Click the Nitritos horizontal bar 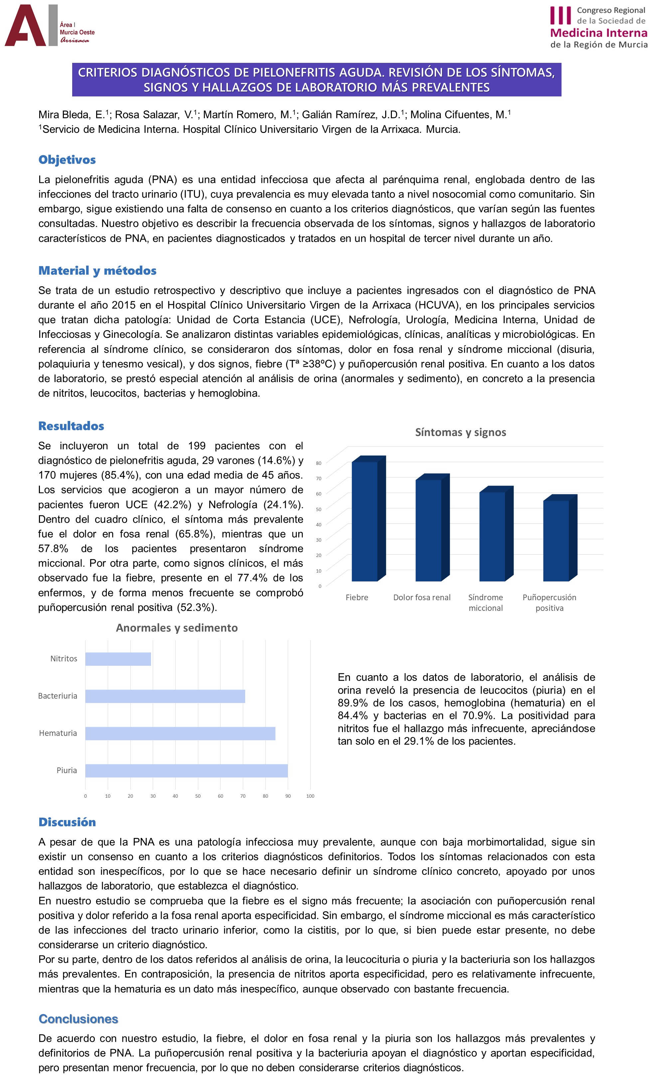(x=118, y=659)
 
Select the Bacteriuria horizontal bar (x=165, y=696)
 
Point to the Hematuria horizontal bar (x=180, y=734)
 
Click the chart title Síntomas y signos (x=460, y=433)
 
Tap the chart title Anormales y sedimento (x=177, y=628)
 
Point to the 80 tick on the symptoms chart (x=319, y=463)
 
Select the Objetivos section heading (x=67, y=160)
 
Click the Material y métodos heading (x=97, y=271)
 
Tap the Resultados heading (x=71, y=426)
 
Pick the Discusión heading (x=67, y=822)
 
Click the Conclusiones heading (x=79, y=1019)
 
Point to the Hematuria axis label (x=58, y=733)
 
